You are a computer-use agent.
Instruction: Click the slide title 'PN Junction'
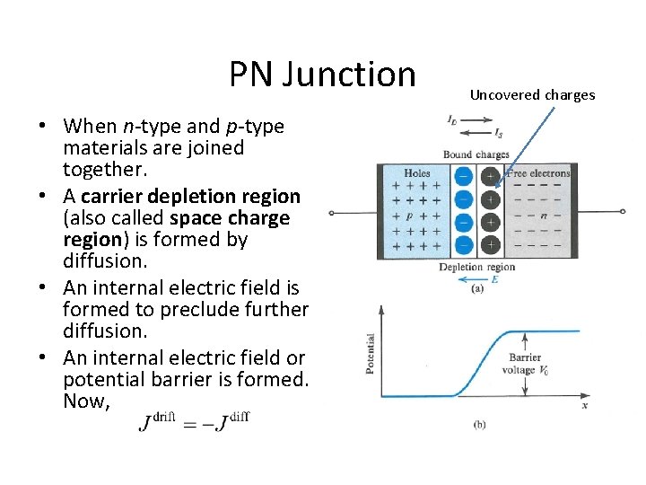pos(322,75)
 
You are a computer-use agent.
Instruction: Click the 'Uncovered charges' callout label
pos(532,94)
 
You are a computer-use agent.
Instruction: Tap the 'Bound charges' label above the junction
pos(476,154)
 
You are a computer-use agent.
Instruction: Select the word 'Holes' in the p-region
pos(417,173)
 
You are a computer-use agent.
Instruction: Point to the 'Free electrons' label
pos(538,173)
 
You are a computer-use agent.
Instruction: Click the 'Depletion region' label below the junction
pos(476,267)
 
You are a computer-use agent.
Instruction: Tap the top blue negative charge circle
pos(464,176)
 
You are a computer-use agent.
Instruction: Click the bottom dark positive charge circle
pos(490,244)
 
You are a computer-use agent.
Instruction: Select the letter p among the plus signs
pos(409,216)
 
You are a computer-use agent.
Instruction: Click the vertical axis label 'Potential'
pos(371,354)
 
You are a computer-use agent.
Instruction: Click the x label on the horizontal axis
pos(584,405)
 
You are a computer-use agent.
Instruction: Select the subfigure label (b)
pos(479,424)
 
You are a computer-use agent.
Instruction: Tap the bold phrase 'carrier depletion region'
pos(190,196)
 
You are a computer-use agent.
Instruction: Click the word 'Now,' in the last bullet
pos(86,401)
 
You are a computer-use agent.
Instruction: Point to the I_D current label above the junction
pos(452,119)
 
